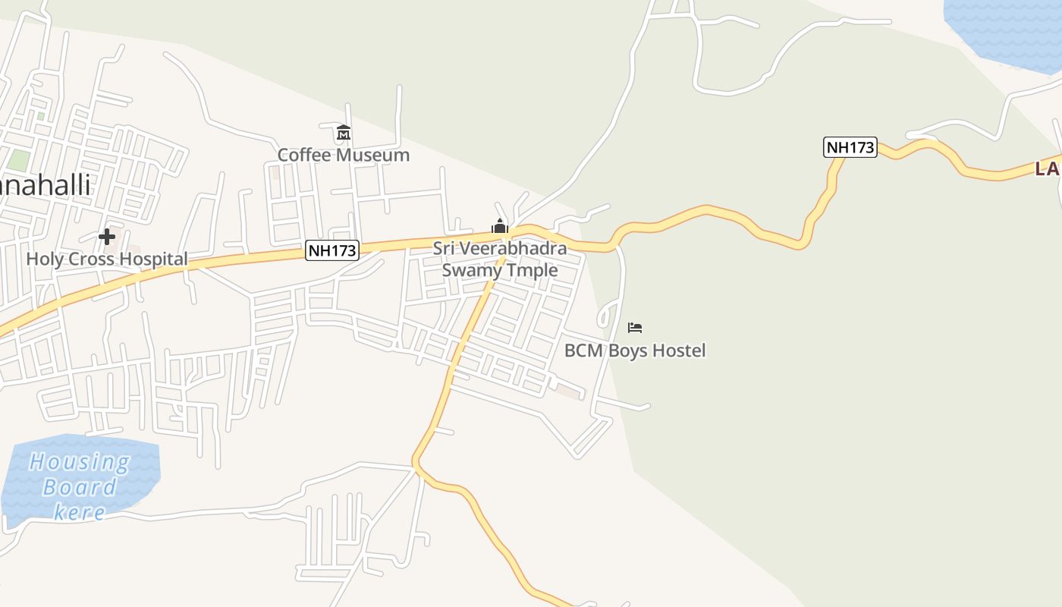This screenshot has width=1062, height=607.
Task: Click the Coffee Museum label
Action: [x=343, y=155]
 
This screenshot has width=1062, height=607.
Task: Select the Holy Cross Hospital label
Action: [x=107, y=259]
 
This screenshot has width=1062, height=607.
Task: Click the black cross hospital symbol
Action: [x=107, y=237]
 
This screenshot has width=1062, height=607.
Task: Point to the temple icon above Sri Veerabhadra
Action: [x=499, y=226]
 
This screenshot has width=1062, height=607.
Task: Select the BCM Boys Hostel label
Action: [x=635, y=351]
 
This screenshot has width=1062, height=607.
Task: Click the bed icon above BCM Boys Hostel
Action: [x=635, y=328]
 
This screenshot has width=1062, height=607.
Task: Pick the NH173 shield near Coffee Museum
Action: [x=331, y=250]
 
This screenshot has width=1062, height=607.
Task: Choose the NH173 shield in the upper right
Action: [x=850, y=147]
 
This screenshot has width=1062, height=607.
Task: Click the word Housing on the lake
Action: [x=80, y=461]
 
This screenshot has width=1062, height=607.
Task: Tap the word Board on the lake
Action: [x=80, y=486]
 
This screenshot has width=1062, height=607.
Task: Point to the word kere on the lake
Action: [x=80, y=512]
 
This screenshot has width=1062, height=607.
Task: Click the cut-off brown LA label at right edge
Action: [x=1047, y=168]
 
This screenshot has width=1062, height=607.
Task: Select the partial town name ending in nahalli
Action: [x=46, y=184]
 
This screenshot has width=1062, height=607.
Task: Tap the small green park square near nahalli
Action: [x=19, y=161]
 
